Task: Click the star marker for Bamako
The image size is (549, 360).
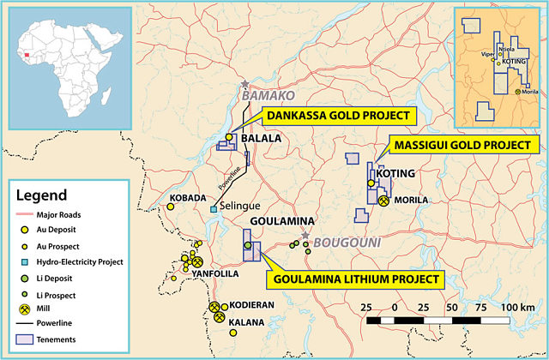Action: click(245, 84)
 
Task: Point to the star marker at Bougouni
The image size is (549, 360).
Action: click(305, 234)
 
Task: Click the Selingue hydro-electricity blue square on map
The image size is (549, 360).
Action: click(213, 207)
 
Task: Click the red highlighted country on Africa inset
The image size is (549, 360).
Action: click(27, 53)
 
